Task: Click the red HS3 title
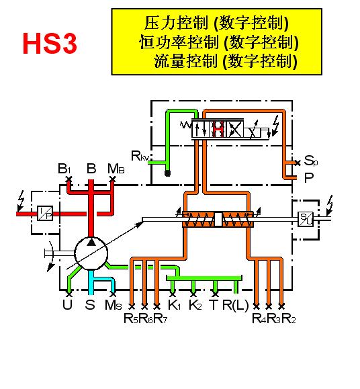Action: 50,43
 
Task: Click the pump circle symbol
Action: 91,253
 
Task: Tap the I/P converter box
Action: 45,214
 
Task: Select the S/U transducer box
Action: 306,219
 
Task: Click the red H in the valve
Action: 219,129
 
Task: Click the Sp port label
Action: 311,161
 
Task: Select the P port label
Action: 309,177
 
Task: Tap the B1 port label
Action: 64,169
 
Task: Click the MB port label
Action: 116,169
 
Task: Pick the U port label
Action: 67,304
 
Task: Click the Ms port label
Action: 114,304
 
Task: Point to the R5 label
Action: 130,318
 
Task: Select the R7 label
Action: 160,318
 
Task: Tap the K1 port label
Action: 175,304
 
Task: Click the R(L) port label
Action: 235,305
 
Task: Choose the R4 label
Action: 259,318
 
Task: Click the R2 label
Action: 289,318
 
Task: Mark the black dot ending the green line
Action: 168,173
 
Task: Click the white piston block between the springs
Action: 218,219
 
